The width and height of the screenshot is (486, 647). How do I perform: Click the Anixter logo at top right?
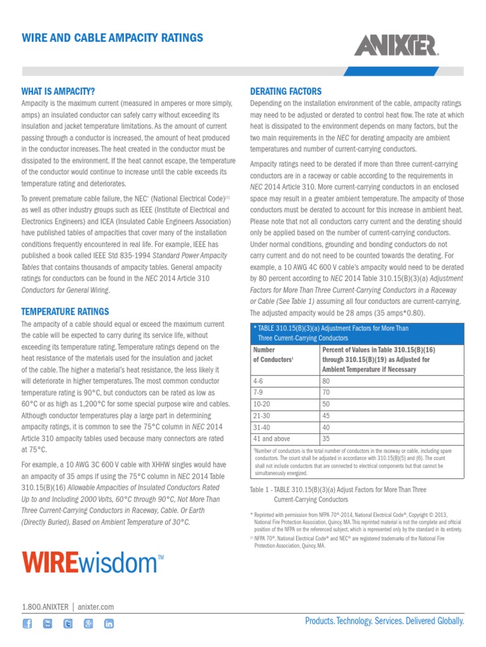397,45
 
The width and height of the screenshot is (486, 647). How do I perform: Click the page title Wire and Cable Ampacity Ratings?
112,38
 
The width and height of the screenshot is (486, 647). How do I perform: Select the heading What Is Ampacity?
58,91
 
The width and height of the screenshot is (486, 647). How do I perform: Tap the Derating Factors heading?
286,91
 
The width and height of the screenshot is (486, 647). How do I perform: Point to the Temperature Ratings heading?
65,311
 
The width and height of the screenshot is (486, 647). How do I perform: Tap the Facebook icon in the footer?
27,624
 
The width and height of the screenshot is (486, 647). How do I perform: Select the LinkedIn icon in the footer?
109,624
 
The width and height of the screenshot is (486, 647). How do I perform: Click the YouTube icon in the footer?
47,624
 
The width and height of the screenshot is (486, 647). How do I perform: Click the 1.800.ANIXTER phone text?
45,607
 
